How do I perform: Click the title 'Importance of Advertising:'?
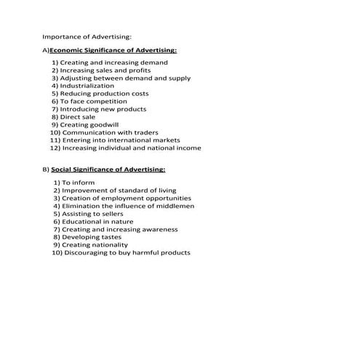click(87, 35)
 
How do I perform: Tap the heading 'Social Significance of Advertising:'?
click(108, 169)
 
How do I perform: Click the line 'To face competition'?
click(95, 101)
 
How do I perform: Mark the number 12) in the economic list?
click(55, 148)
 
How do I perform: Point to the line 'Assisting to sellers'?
click(95, 214)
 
